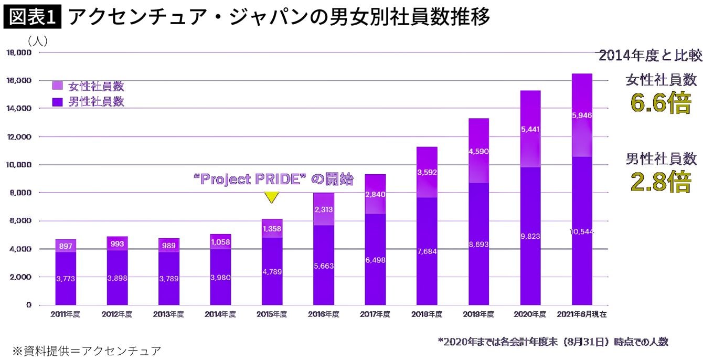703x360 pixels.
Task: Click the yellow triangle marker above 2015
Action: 271,197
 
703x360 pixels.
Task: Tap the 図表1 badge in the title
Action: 33,17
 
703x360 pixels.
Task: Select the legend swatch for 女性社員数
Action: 58,85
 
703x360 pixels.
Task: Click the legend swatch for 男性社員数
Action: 58,101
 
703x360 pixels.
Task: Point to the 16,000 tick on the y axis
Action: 19,81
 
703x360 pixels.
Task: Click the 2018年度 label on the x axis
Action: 427,314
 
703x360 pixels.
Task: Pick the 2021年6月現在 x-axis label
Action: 582,314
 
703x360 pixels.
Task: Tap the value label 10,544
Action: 582,231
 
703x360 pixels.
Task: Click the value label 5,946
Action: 582,115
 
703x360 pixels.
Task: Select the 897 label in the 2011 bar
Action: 66,246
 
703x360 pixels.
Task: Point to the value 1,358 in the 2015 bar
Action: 272,229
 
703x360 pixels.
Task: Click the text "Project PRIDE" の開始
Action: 273,180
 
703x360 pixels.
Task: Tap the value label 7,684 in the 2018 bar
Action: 427,251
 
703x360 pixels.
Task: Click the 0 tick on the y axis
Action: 29,305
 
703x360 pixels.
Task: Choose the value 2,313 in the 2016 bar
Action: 323,209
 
